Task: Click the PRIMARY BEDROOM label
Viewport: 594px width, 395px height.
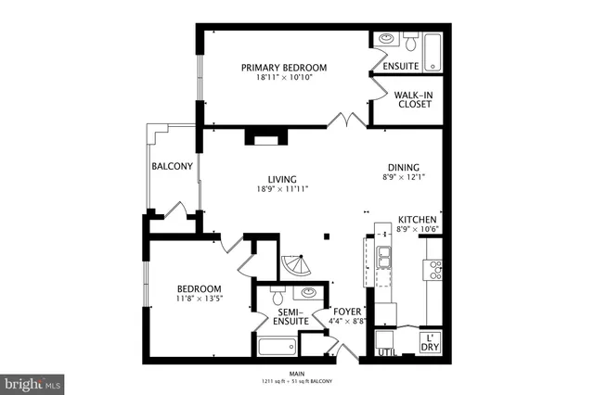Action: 284,67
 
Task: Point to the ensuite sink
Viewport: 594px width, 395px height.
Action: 385,40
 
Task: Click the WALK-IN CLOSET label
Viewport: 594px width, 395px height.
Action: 412,99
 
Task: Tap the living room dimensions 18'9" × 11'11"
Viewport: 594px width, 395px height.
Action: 282,188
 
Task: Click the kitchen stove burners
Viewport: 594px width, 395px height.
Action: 433,270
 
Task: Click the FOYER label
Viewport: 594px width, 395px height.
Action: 347,312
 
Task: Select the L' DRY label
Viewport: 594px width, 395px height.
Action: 430,342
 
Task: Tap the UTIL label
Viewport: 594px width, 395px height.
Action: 386,352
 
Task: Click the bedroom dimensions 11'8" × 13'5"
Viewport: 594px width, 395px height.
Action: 199,299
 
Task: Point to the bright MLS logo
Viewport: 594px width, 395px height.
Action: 32,382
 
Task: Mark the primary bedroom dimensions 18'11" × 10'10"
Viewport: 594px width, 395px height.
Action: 284,77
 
